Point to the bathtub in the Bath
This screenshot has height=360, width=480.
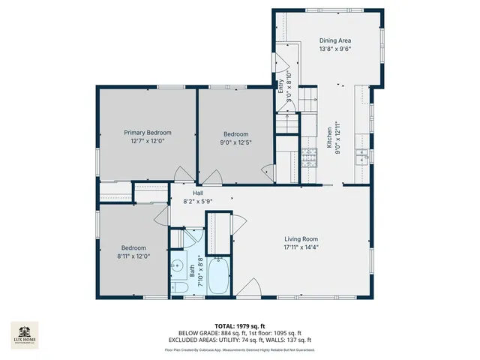pyautogui.click(x=220, y=276)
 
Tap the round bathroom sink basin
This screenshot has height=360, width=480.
pyautogui.click(x=178, y=265)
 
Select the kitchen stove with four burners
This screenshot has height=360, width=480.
pyautogui.click(x=309, y=156)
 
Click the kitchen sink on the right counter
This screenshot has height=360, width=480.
pyautogui.click(x=361, y=155)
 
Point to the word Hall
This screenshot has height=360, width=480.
pyautogui.click(x=199, y=193)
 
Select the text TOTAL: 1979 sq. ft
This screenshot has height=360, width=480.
pyautogui.click(x=240, y=325)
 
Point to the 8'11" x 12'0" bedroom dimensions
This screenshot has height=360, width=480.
pyautogui.click(x=134, y=256)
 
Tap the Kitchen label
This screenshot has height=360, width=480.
pyautogui.click(x=328, y=136)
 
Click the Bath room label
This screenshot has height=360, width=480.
pyautogui.click(x=192, y=268)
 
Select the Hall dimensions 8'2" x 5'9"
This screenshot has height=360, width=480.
pyautogui.click(x=198, y=201)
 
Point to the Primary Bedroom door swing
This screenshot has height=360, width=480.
pyautogui.click(x=182, y=174)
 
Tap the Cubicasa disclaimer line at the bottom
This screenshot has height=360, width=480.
pyautogui.click(x=240, y=349)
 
